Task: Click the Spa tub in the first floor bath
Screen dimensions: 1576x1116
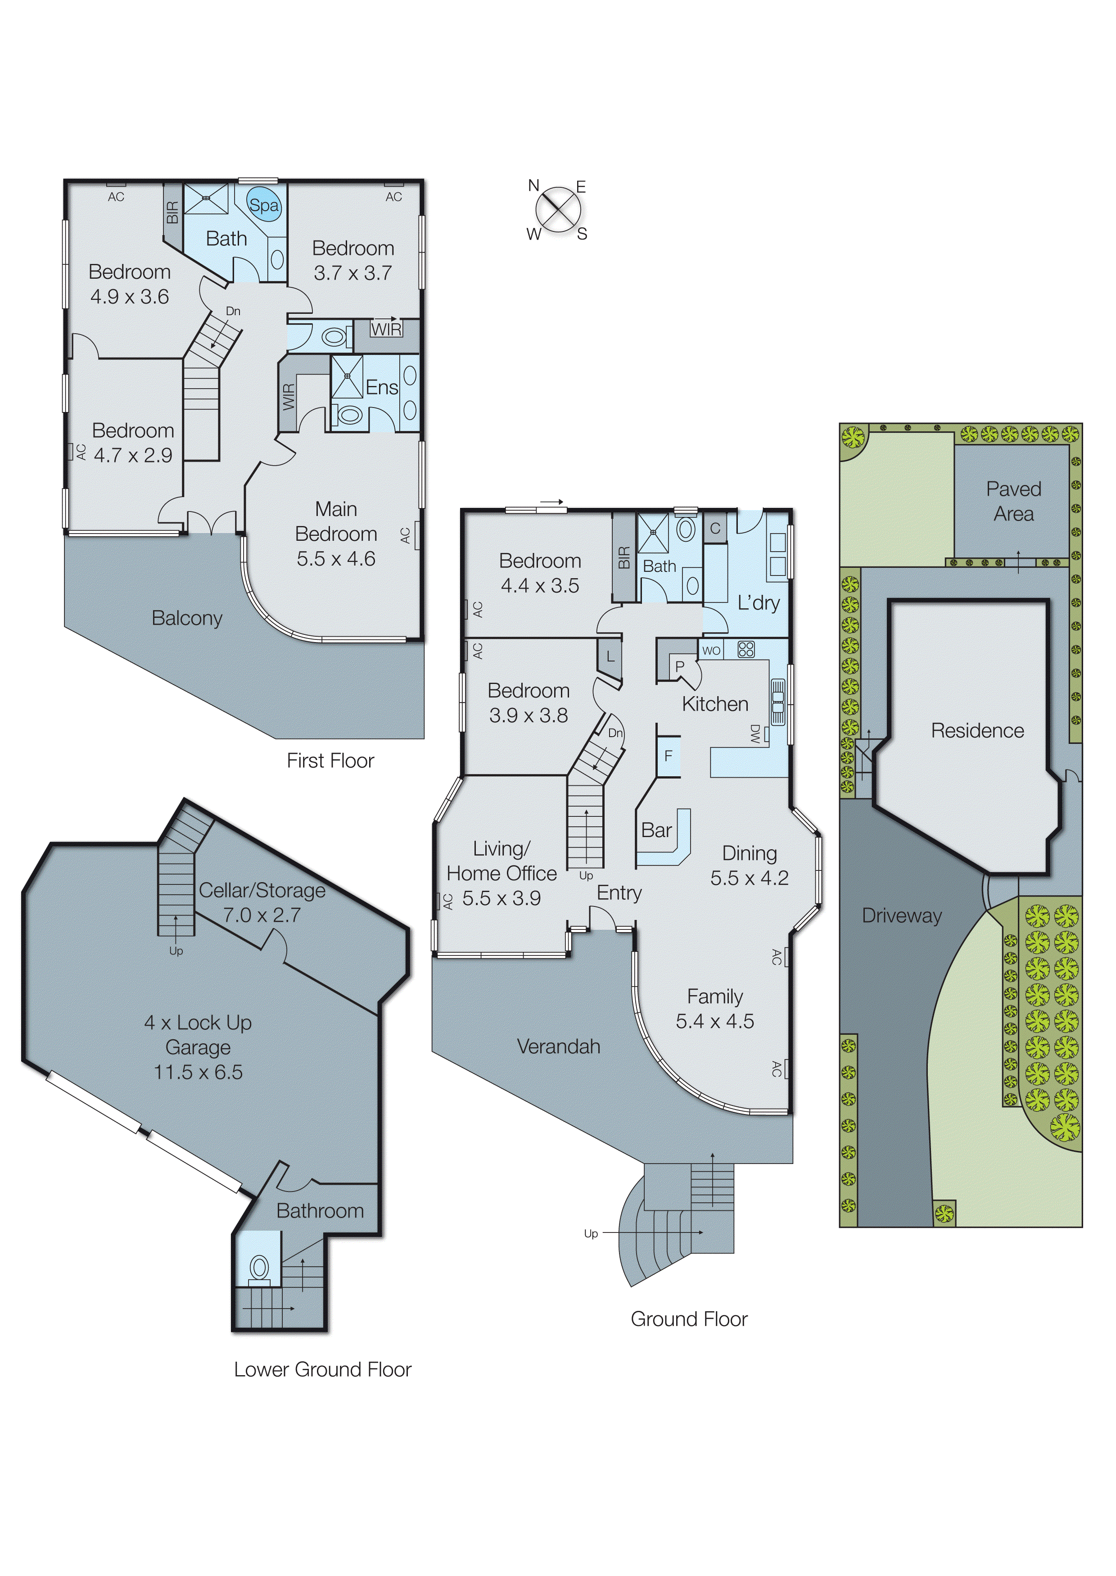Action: tap(264, 204)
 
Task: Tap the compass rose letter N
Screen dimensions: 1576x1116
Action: tap(533, 185)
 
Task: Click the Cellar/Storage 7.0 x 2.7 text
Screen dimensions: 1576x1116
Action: tap(262, 902)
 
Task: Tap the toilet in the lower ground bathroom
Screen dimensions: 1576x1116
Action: tap(259, 1267)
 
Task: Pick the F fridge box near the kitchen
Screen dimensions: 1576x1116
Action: tap(668, 756)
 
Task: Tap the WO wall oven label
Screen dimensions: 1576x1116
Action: tap(711, 650)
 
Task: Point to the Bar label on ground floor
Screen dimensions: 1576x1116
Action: tap(656, 830)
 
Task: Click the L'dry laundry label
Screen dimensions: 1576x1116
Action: tap(758, 603)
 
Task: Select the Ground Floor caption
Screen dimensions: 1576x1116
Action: tap(689, 1318)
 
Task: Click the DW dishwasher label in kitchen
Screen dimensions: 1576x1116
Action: tap(755, 734)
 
